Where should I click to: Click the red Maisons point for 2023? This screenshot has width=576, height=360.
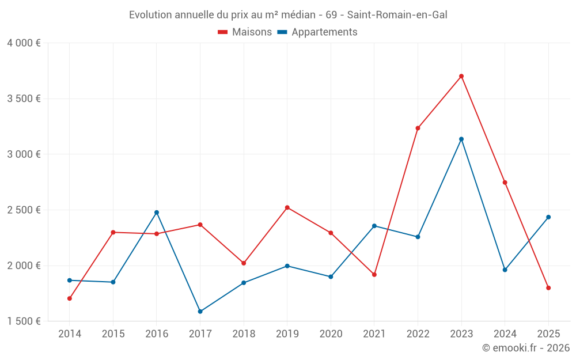(461, 76)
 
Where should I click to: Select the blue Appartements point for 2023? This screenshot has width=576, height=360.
(461, 139)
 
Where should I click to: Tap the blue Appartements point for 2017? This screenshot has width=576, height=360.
(200, 312)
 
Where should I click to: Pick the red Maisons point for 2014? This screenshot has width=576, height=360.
(70, 298)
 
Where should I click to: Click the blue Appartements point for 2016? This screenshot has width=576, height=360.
(157, 213)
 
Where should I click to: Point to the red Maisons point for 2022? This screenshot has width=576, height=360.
(418, 128)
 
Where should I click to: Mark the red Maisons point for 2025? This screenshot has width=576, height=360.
(548, 288)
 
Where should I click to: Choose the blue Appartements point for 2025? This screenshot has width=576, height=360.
(548, 217)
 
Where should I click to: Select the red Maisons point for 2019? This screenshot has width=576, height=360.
(287, 207)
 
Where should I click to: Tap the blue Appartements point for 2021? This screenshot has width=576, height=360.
(374, 226)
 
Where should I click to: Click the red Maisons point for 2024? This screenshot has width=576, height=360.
(505, 183)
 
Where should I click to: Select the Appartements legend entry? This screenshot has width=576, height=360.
(318, 32)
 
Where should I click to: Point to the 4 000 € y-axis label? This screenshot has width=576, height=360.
(24, 43)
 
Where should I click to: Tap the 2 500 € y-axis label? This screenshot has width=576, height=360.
(24, 210)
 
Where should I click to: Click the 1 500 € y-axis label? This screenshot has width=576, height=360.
(24, 321)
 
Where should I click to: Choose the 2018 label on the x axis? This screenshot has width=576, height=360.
(244, 334)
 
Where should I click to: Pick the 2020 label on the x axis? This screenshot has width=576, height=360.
(331, 334)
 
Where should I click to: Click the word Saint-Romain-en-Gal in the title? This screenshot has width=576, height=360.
(397, 15)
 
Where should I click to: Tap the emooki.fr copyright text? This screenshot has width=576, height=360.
(526, 348)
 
